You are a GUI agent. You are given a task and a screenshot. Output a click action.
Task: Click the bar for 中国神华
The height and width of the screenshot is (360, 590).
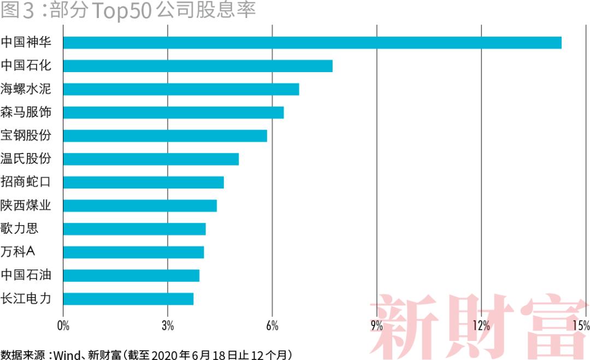(x=312, y=42)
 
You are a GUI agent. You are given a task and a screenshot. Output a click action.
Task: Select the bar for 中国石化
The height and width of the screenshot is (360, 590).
(x=198, y=66)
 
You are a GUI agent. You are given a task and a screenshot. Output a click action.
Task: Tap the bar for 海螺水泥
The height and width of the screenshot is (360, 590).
(x=181, y=89)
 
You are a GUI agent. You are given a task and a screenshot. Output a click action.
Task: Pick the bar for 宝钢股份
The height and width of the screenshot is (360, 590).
(x=165, y=135)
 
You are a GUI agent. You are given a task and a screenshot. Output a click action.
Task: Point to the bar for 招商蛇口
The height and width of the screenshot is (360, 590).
(x=143, y=182)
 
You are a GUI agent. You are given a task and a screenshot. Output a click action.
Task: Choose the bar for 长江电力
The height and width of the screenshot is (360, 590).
(x=128, y=299)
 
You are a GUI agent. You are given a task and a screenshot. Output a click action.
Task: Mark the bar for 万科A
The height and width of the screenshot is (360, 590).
(x=133, y=252)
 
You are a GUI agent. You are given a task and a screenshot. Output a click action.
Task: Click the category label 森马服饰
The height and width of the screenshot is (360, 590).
(x=26, y=113)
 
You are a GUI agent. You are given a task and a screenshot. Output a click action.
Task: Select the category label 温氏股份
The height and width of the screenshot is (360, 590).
(x=26, y=159)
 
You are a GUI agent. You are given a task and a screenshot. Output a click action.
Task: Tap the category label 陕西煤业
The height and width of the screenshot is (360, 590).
(x=26, y=205)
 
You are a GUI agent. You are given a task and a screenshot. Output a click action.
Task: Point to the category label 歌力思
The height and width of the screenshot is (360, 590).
(x=20, y=228)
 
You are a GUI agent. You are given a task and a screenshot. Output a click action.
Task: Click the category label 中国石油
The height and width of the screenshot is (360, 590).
(x=26, y=275)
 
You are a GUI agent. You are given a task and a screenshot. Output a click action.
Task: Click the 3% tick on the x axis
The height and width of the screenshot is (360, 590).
(x=168, y=326)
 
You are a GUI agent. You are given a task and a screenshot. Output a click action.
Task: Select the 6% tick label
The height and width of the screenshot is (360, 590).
(x=272, y=326)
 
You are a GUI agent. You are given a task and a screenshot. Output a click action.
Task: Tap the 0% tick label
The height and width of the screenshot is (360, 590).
(x=63, y=326)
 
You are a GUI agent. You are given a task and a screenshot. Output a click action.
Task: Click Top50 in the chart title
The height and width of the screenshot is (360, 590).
(x=119, y=10)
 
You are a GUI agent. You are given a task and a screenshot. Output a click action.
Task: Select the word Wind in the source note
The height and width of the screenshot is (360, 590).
(x=66, y=354)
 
